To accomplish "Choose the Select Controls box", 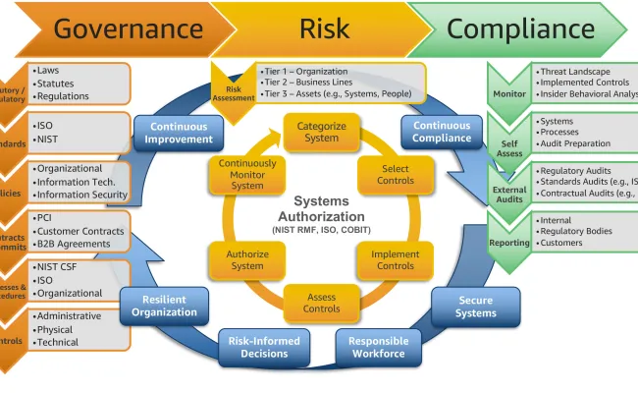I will pos(396,175).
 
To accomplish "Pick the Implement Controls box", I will pos(396,259).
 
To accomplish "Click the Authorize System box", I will pos(247,259).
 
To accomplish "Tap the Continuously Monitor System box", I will pos(247,174).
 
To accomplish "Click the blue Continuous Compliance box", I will pos(442,133).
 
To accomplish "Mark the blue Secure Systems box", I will pos(475,307).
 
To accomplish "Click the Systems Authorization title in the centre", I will pos(321,208).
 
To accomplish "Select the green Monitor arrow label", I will pos(509,94).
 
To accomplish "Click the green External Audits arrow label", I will pos(509,192).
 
